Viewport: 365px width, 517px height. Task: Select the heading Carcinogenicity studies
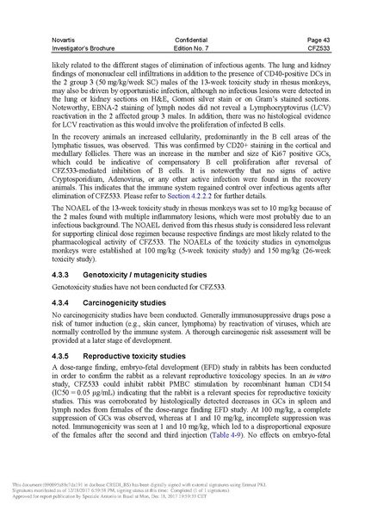pos(138,305)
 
